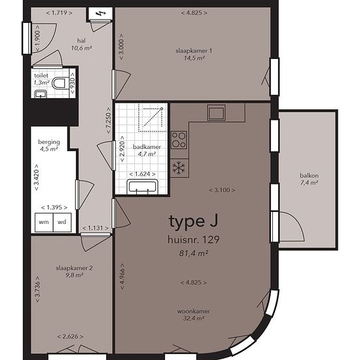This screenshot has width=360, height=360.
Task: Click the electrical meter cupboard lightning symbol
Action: coord(100,14)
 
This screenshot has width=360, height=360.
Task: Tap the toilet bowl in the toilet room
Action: coord(59,83)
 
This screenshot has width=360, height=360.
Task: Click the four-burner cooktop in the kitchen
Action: coord(179,140)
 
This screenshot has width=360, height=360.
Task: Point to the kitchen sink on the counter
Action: coord(216,113)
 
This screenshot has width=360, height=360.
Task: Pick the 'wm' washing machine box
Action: coord(44,223)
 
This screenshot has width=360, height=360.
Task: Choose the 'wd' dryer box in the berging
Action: coord(62,223)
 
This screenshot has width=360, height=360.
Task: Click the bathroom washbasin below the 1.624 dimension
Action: coord(142,186)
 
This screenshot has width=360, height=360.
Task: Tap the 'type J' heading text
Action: coord(194,222)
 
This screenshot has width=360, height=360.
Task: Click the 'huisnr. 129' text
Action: coord(194,240)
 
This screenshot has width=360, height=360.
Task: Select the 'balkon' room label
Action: coord(309,175)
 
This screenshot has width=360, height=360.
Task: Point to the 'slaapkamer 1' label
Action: coord(194,51)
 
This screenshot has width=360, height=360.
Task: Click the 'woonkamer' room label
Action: coord(194,312)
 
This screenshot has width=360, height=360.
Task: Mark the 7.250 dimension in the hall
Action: coord(109,120)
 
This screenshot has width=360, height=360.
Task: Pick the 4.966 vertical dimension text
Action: coord(122,276)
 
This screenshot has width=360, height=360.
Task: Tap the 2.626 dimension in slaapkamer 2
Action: coord(70,337)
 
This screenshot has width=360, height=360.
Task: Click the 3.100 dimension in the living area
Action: coord(222,190)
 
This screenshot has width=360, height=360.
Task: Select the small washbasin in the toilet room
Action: coord(41,94)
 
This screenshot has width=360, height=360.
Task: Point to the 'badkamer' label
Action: coord(147,147)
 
